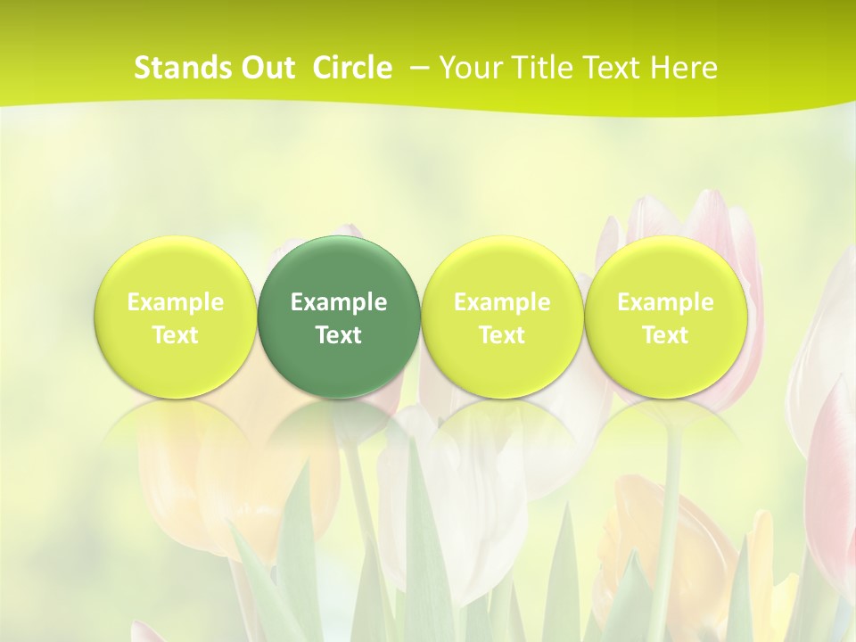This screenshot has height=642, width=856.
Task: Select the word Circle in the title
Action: coord(352,68)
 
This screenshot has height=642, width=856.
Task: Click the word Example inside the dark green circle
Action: coord(339,302)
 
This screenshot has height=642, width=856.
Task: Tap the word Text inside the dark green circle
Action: coord(339,335)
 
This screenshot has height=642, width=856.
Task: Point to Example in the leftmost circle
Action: coord(176,302)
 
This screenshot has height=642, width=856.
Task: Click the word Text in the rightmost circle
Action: coord(666,335)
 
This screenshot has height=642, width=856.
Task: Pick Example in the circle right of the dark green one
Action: coord(502,302)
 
